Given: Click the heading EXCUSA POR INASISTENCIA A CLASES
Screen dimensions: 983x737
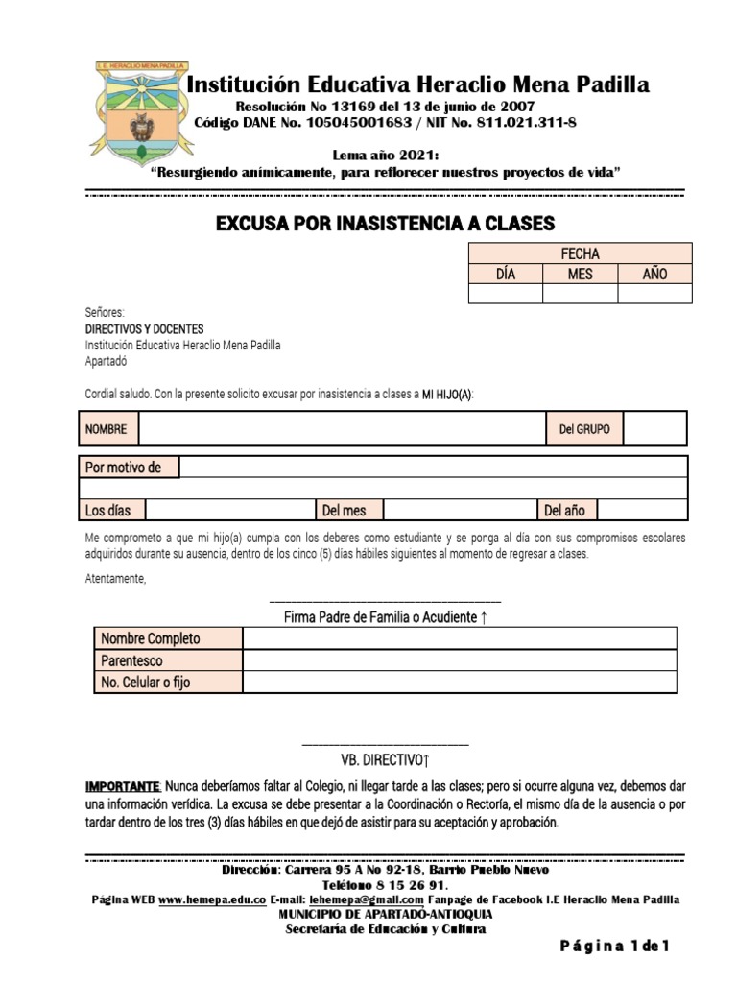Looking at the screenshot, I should (385, 225).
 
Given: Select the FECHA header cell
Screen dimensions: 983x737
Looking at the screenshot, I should (580, 253).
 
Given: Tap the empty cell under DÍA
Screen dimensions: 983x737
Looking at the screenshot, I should (505, 294).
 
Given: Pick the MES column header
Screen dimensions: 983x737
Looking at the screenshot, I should (580, 274).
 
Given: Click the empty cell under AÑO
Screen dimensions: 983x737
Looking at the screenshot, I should (654, 294).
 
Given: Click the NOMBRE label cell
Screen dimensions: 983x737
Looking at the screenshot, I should (107, 429).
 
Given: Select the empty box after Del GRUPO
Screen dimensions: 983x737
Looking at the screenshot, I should (654, 429).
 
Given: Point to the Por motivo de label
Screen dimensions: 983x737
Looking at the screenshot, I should (131, 468).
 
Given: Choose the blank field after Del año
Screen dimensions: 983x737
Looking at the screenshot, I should (642, 510).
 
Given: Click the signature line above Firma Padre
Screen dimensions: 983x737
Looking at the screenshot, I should (387, 600).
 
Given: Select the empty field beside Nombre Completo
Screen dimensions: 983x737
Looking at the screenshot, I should (459, 638).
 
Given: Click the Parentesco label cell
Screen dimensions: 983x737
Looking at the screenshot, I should (168, 660).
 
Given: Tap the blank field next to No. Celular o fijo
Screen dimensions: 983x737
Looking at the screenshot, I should (459, 683).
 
